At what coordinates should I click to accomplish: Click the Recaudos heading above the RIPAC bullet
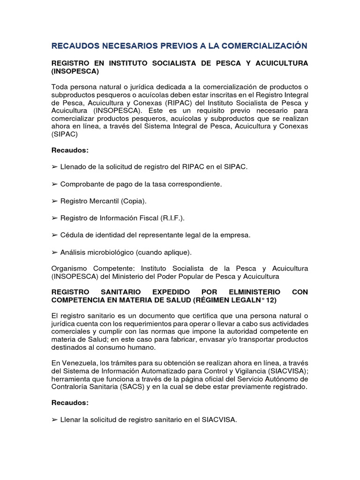click(70, 150)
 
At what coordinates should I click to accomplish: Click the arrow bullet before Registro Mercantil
click(54, 201)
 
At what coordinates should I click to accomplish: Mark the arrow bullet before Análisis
click(54, 252)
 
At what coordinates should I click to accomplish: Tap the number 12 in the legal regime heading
click(271, 300)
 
